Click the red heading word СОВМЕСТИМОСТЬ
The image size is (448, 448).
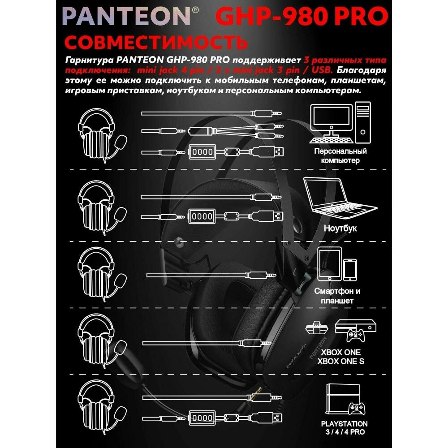(156, 42)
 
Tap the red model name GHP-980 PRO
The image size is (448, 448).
(302, 16)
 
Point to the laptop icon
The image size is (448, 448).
(336, 197)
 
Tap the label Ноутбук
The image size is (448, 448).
(340, 228)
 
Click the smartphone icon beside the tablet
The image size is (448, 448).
(351, 269)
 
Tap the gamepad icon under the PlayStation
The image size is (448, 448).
(357, 408)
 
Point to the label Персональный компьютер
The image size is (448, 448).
(340, 156)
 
